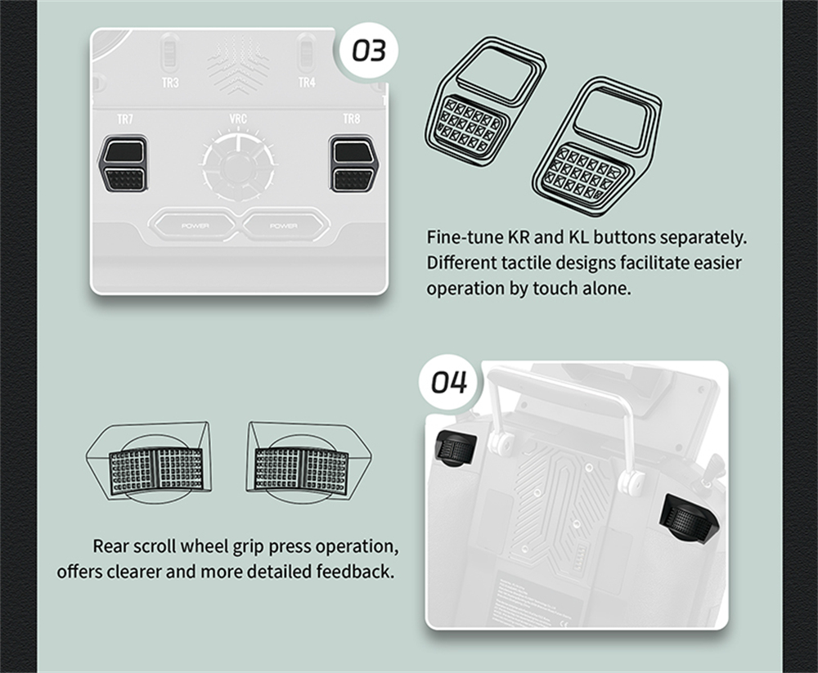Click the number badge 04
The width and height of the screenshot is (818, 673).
point(448,383)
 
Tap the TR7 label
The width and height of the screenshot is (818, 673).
point(125,119)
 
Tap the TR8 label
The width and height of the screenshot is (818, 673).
point(352,119)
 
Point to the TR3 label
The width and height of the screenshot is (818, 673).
point(170,83)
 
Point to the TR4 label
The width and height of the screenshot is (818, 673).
point(307,83)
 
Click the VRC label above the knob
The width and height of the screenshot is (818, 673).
point(238,119)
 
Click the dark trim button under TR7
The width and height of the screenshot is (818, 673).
point(124,164)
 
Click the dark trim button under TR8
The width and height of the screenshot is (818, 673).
point(353,164)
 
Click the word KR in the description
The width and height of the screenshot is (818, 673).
point(519,237)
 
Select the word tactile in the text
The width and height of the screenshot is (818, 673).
point(525,262)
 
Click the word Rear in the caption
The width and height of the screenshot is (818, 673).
point(111,546)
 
